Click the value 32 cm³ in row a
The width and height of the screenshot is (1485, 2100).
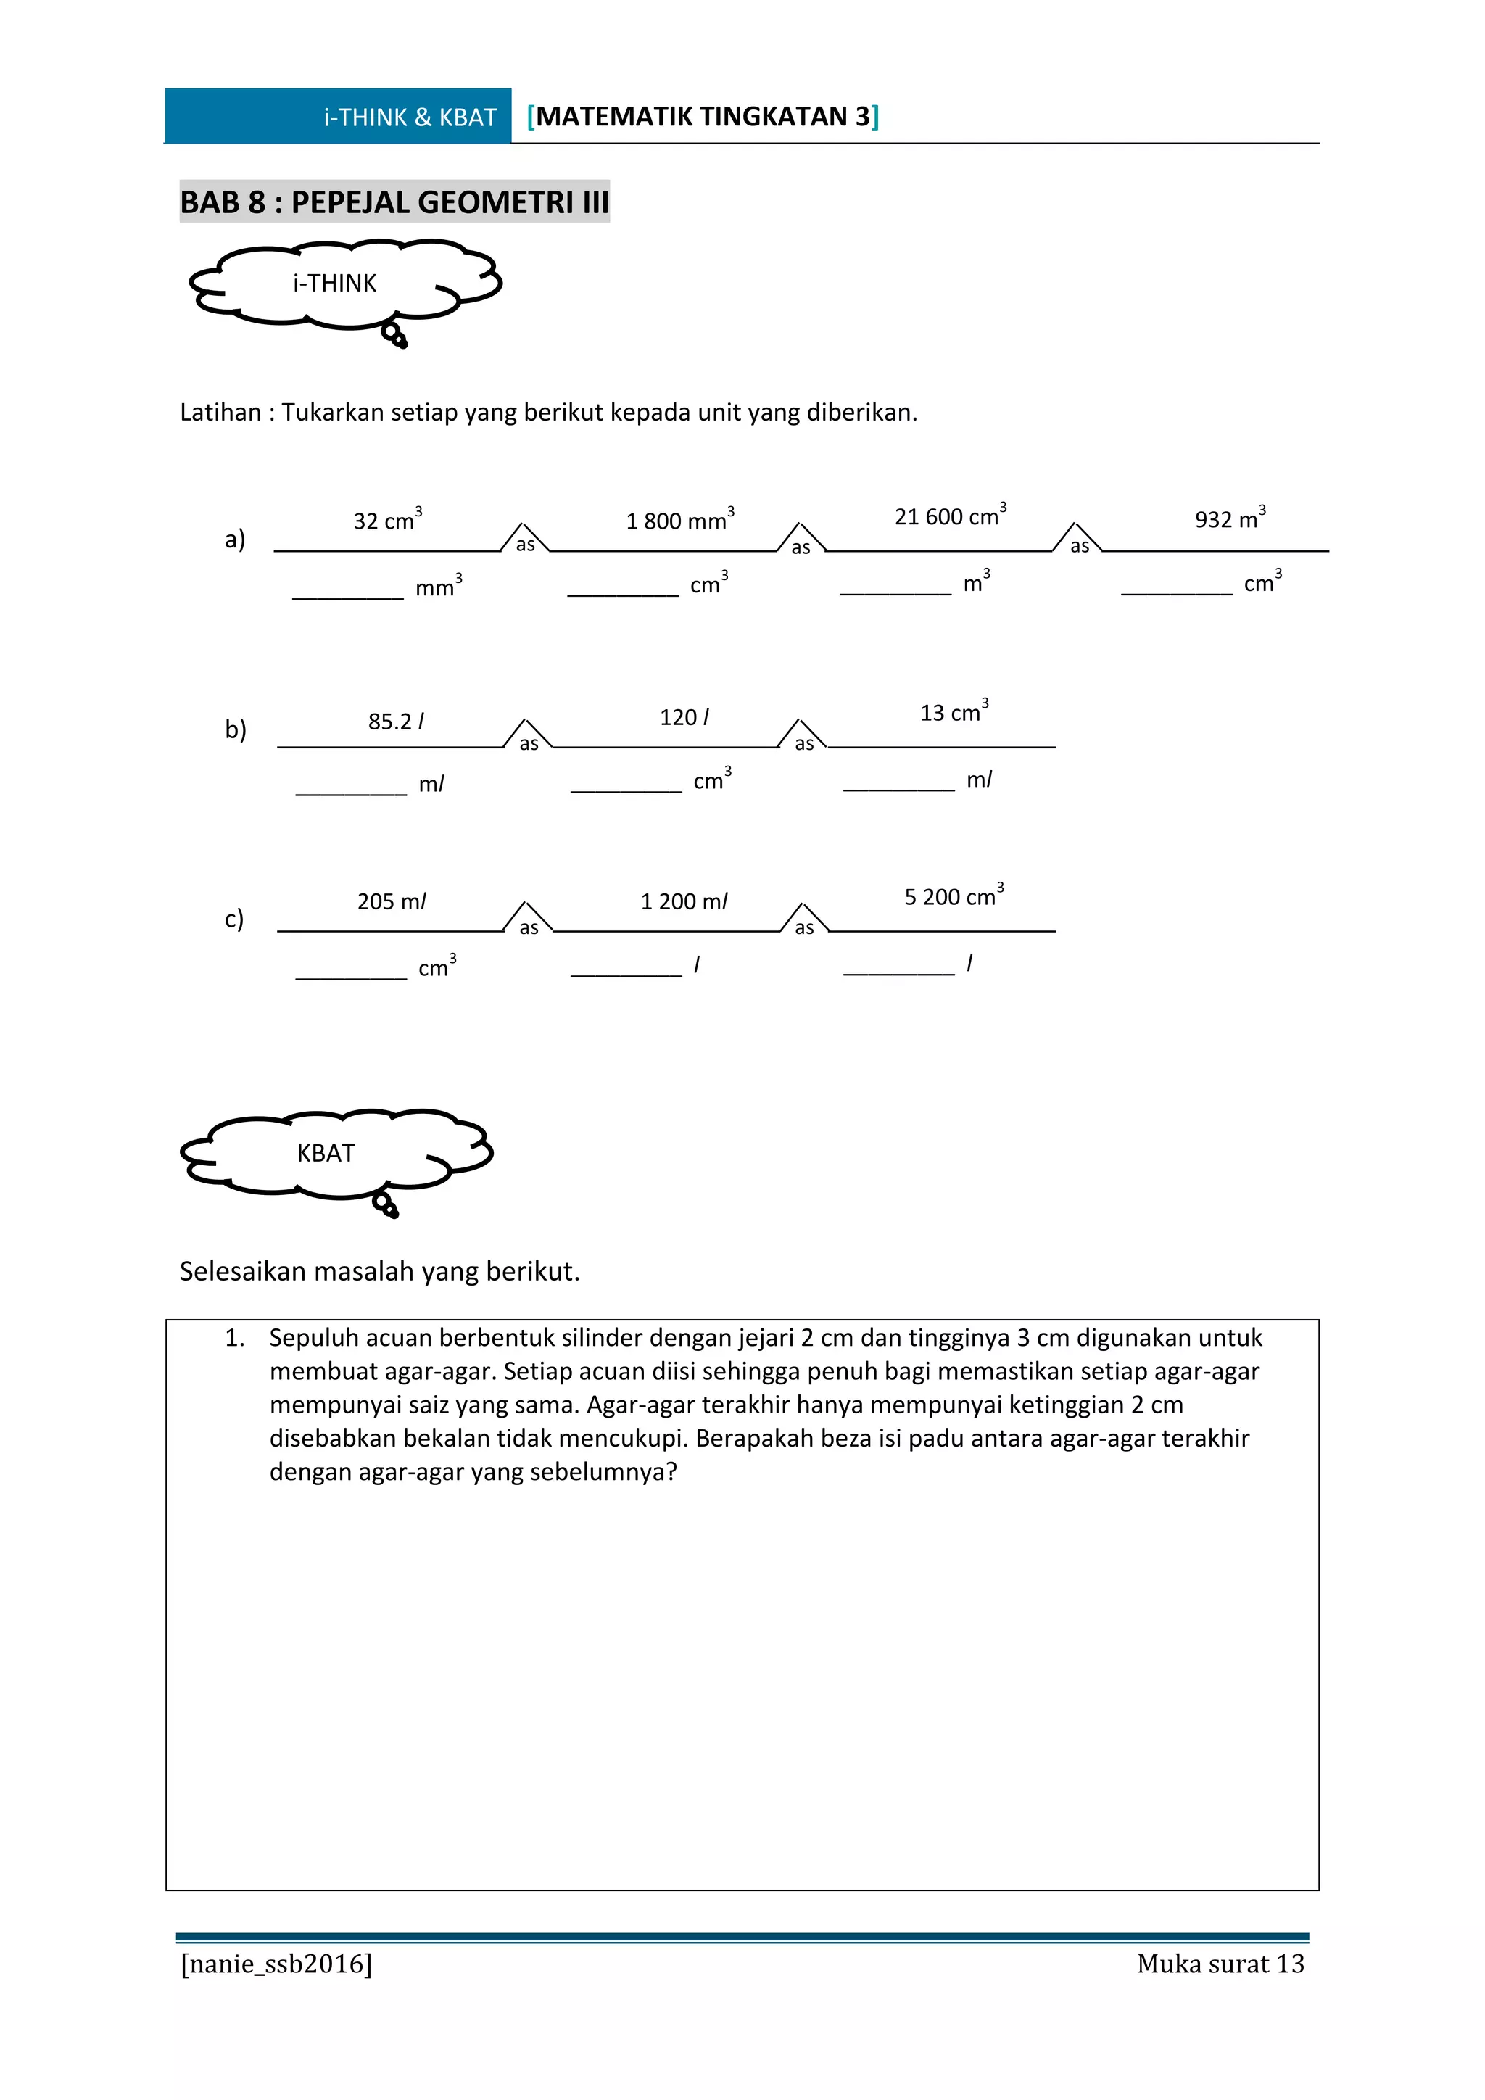(388, 521)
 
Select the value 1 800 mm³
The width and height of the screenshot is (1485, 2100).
(679, 521)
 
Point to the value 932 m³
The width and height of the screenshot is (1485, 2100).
(1230, 518)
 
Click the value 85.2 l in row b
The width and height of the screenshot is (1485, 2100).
(396, 722)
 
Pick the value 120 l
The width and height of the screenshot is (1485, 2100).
(684, 717)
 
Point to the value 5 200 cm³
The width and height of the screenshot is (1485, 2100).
(954, 896)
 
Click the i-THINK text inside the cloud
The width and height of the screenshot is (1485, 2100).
(335, 284)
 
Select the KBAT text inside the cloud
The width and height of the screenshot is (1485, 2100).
(326, 1154)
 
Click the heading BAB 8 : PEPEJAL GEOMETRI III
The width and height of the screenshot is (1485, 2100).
(394, 202)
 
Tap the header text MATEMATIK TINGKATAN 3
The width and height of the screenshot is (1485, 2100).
(703, 117)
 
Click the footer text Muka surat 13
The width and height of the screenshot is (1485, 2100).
(1220, 1964)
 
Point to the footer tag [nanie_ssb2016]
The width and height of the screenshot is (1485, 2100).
(276, 1964)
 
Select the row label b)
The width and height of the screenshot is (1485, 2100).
(235, 729)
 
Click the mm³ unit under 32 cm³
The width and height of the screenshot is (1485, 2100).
(438, 587)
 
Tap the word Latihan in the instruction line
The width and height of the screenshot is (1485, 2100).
(220, 413)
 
